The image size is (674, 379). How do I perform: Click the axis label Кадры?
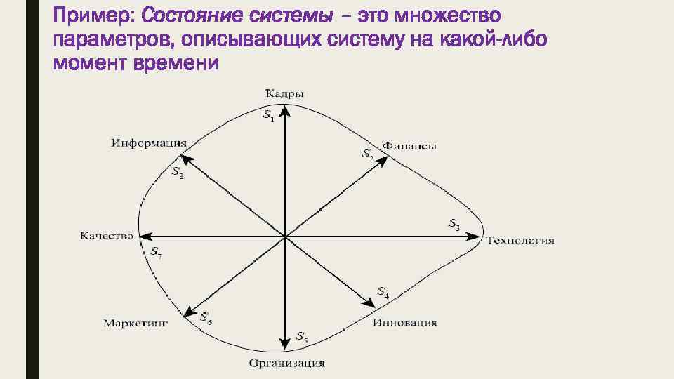[x=285, y=93]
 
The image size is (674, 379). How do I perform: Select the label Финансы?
[x=414, y=147]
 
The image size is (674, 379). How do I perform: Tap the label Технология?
[x=520, y=241]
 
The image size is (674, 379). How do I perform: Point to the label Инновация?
[x=405, y=323]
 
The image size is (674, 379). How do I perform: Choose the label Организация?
[x=287, y=364]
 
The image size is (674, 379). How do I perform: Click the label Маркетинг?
[x=136, y=324]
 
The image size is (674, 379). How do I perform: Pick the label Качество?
[x=107, y=236]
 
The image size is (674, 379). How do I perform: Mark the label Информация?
[x=147, y=143]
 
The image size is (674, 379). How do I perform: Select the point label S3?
[x=454, y=225]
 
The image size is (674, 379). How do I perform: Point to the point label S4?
[x=383, y=292]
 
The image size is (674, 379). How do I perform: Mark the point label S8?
[x=178, y=172]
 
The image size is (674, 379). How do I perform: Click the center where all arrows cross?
[x=285, y=237]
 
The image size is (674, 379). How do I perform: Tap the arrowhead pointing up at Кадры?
[x=285, y=111]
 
